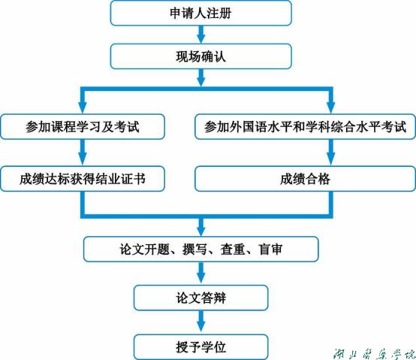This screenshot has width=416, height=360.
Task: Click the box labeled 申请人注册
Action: [x=200, y=13]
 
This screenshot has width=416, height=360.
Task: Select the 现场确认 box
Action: [x=200, y=56]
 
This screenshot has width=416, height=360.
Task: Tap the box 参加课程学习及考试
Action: [x=83, y=126]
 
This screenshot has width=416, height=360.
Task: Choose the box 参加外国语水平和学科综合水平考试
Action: [x=305, y=126]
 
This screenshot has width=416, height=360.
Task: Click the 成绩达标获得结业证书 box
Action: [x=83, y=179]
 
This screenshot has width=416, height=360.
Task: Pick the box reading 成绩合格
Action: [x=305, y=179]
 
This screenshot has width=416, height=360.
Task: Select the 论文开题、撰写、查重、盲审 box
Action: [x=200, y=250]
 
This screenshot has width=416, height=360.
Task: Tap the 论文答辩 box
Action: [x=200, y=298]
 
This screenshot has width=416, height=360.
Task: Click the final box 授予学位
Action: [x=200, y=347]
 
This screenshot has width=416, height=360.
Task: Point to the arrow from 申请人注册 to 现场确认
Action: [x=201, y=35]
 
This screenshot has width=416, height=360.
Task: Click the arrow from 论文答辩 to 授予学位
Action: [x=201, y=322]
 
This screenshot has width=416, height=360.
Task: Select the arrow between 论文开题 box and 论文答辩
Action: [x=201, y=274]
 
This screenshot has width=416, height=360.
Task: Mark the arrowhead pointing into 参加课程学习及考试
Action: [x=83, y=107]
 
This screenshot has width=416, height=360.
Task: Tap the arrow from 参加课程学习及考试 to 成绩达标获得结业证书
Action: [x=83, y=153]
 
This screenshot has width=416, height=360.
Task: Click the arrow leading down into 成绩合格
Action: [x=330, y=153]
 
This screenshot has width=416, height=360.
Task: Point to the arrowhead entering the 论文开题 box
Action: [x=201, y=231]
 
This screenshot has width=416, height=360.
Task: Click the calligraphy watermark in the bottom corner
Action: [x=374, y=354]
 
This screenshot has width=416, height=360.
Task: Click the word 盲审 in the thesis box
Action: [x=270, y=250]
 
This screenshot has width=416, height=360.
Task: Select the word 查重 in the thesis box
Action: [x=233, y=250]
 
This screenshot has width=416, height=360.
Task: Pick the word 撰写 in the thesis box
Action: [x=194, y=250]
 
